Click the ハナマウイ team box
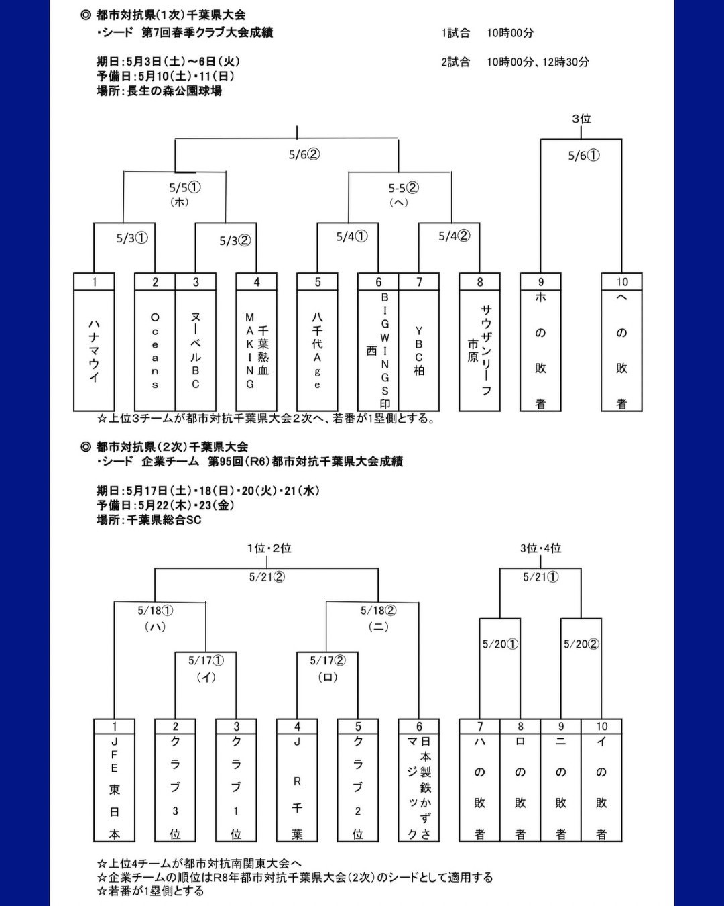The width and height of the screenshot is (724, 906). [94, 342]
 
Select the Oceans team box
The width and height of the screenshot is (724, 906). [155, 342]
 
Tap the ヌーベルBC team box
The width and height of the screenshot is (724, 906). [196, 342]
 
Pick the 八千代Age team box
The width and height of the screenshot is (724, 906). [317, 342]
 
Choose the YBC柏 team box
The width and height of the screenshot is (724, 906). [419, 342]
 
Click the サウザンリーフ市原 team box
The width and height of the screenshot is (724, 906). [479, 342]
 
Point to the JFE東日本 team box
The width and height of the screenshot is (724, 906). [115, 780]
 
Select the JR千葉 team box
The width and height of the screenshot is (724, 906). [297, 780]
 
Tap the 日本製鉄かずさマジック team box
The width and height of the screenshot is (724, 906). [419, 780]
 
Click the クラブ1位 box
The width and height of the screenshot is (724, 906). [236, 780]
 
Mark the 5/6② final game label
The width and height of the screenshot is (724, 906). [304, 155]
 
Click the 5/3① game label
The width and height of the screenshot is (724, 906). [132, 238]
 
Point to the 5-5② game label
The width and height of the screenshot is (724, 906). [404, 188]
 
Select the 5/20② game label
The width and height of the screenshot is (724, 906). [581, 644]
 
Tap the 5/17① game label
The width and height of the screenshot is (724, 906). [206, 660]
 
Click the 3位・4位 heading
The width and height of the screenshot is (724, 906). [540, 548]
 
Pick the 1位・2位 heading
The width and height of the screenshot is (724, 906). [269, 548]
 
